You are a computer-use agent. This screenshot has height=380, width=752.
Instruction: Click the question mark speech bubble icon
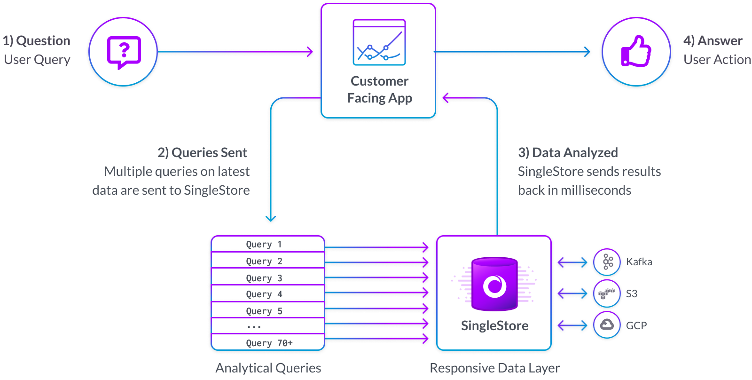pyautogui.click(x=124, y=52)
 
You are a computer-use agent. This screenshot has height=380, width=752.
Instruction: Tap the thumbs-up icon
pyautogui.click(x=636, y=52)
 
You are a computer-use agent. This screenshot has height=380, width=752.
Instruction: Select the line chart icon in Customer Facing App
pyautogui.click(x=379, y=42)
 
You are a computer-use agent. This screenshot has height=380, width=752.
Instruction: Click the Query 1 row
pyautogui.click(x=267, y=244)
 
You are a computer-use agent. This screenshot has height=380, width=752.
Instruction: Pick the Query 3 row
pyautogui.click(x=267, y=277)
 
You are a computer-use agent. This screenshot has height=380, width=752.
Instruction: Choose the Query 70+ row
pyautogui.click(x=267, y=342)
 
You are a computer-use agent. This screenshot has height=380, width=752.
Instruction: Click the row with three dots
pyautogui.click(x=267, y=326)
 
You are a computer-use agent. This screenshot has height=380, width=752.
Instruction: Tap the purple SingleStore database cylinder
pyautogui.click(x=494, y=284)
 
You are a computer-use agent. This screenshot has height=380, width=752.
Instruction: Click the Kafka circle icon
pyautogui.click(x=607, y=261)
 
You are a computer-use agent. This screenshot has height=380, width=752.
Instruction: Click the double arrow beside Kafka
pyautogui.click(x=572, y=262)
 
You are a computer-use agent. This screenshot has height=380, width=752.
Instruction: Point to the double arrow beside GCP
pyautogui.click(x=572, y=325)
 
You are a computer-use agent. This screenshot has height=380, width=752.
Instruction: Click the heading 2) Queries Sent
pyautogui.click(x=202, y=152)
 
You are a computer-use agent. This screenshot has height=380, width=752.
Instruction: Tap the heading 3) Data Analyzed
pyautogui.click(x=568, y=152)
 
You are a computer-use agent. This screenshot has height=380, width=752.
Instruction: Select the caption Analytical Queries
pyautogui.click(x=268, y=368)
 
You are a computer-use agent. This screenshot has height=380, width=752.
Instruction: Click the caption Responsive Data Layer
pyautogui.click(x=494, y=368)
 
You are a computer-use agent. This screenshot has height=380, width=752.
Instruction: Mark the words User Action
pyautogui.click(x=717, y=60)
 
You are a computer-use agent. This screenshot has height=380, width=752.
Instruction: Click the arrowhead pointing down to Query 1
pyautogui.click(x=271, y=218)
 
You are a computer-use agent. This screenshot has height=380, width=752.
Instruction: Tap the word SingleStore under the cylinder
pyautogui.click(x=494, y=325)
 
